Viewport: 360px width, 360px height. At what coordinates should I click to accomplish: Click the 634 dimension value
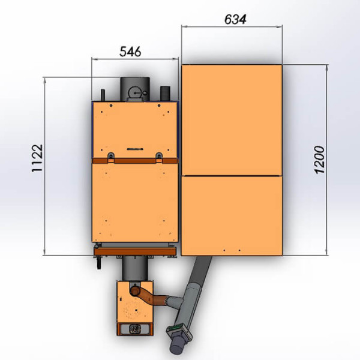(235, 19)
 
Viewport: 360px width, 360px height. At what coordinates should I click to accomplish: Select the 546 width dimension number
(130, 52)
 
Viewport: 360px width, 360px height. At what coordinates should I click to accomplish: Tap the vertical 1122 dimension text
(37, 158)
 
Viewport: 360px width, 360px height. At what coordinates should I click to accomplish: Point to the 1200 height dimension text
(319, 160)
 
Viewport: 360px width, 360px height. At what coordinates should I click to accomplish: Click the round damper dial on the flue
(135, 92)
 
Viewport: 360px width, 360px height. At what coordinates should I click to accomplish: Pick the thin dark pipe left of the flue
(103, 95)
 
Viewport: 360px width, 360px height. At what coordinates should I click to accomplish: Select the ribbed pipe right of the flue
(165, 93)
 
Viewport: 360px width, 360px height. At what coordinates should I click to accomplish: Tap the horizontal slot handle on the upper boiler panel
(135, 149)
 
